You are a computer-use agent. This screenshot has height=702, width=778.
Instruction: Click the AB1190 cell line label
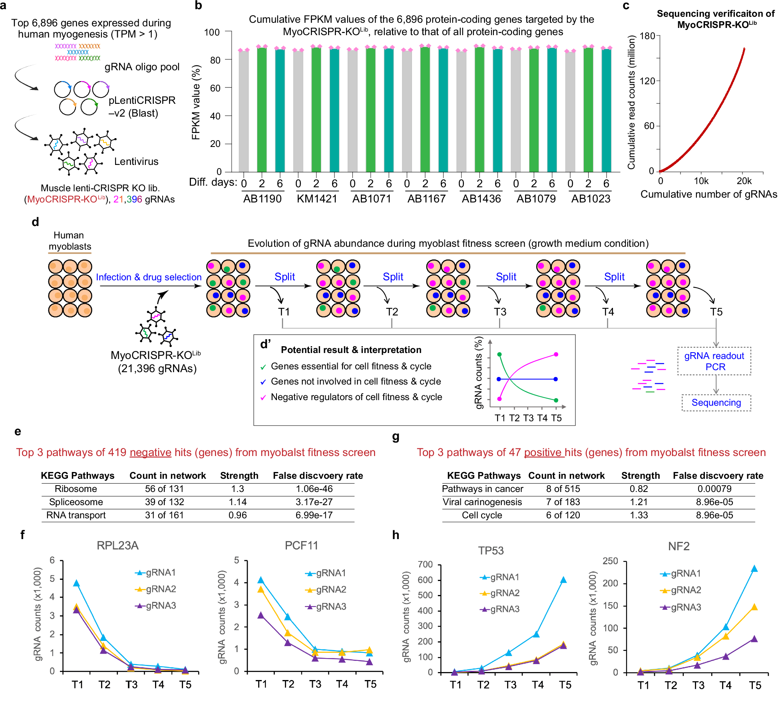262,199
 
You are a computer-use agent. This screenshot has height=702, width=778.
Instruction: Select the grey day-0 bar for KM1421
298,112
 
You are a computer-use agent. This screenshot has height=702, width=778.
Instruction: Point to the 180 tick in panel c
647,36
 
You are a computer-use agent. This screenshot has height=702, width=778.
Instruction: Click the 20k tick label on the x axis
744,181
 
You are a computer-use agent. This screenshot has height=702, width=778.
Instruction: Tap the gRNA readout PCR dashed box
714,361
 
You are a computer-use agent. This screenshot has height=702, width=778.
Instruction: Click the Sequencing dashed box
716,403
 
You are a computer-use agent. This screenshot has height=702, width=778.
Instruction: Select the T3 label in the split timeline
500,312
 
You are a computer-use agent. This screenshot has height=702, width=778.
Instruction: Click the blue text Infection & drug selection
149,277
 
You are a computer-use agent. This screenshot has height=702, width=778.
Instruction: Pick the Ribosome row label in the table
76,489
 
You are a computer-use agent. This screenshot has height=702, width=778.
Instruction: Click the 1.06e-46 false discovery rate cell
314,489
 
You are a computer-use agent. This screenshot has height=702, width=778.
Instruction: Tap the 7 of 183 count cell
563,502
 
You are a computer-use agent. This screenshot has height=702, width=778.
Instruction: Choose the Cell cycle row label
482,515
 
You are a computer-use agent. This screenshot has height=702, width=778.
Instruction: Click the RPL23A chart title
117,545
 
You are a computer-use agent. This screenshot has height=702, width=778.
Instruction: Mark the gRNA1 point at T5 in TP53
563,580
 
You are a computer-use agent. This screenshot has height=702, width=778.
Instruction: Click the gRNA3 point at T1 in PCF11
261,615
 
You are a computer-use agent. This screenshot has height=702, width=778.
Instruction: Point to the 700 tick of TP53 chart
425,565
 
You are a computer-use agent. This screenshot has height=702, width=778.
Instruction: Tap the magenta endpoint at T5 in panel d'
556,355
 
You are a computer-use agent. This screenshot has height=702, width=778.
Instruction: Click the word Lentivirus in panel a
136,161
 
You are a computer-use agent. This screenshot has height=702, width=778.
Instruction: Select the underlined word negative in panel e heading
150,452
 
